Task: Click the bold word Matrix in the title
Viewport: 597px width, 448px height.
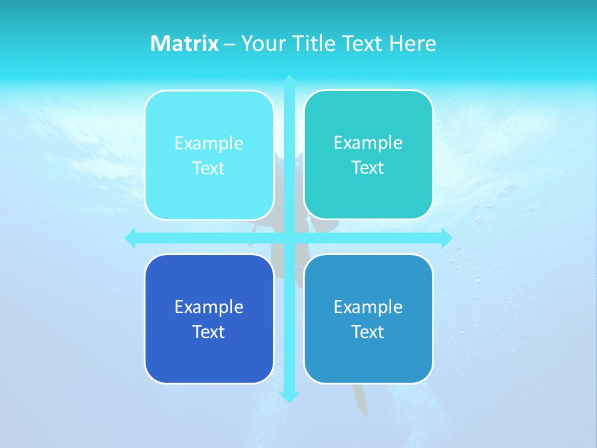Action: pyautogui.click(x=185, y=44)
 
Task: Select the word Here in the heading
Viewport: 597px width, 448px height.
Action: pyautogui.click(x=413, y=44)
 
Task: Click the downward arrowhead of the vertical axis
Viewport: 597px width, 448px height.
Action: pyautogui.click(x=289, y=396)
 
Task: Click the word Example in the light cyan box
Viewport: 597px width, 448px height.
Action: pyautogui.click(x=209, y=143)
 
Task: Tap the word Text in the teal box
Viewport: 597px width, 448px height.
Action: pyautogui.click(x=368, y=167)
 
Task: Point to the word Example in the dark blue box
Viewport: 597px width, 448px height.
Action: pyautogui.click(x=209, y=307)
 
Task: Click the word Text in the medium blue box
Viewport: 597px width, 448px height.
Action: pyautogui.click(x=368, y=332)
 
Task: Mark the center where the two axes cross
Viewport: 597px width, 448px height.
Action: pyautogui.click(x=289, y=238)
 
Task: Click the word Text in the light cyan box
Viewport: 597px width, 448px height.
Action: pyautogui.click(x=209, y=168)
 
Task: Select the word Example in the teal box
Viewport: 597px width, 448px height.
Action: pyautogui.click(x=368, y=142)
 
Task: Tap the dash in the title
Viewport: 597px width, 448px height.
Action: pyautogui.click(x=229, y=44)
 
